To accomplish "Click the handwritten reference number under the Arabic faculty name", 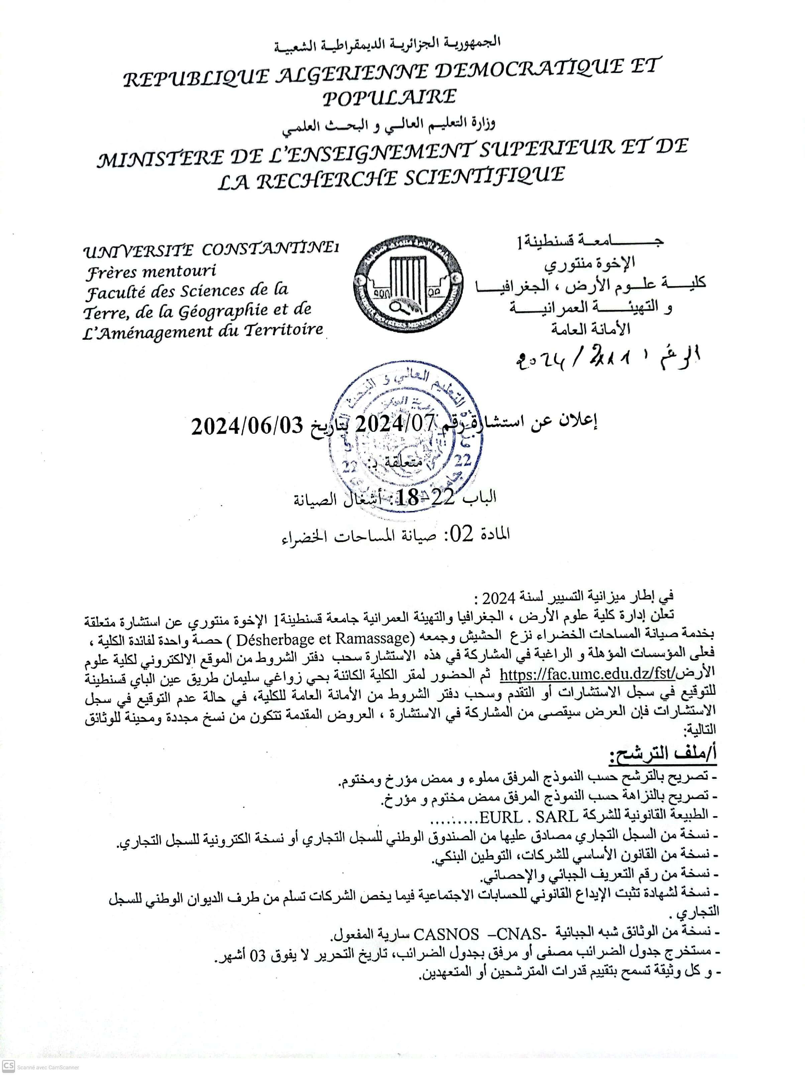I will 607,359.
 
